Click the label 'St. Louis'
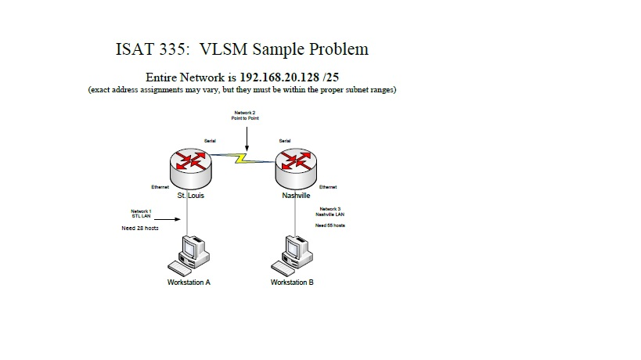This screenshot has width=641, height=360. click(x=191, y=196)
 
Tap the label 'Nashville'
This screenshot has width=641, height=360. click(x=297, y=196)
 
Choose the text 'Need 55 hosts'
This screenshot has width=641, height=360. click(x=330, y=225)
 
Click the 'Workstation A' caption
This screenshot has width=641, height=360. click(x=189, y=283)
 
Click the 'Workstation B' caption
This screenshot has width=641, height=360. click(x=292, y=283)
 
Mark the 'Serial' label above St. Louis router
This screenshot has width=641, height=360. click(x=210, y=141)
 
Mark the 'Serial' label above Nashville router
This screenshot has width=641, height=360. click(x=285, y=141)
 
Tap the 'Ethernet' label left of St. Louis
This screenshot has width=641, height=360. click(x=160, y=187)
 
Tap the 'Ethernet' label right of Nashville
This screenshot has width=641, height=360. click(x=329, y=187)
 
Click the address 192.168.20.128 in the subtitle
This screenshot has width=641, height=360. click(x=278, y=78)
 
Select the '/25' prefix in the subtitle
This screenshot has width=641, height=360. click(x=331, y=78)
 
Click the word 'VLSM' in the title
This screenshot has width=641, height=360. click(x=228, y=49)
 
